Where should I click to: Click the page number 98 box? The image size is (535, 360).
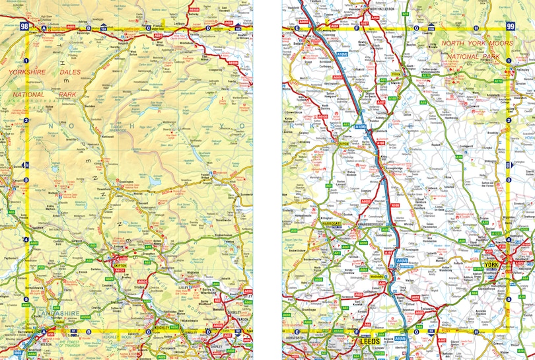tap(25, 26)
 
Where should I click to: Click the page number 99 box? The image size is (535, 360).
tap(509, 26)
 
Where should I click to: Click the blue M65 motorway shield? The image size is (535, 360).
tap(18, 353)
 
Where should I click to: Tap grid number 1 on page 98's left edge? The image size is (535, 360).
tap(26, 61)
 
